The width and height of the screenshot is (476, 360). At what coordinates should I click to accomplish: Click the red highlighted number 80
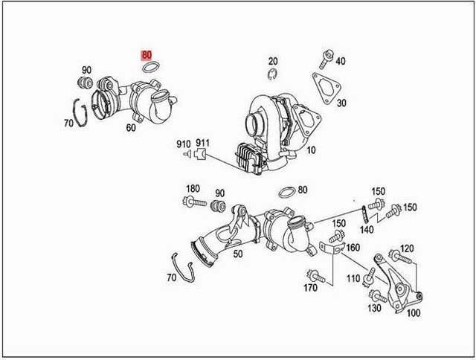coord(147,55)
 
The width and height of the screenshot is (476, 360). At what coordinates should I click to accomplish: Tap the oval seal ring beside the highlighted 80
coord(152,69)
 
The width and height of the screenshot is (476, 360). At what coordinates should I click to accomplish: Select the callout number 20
coord(273,61)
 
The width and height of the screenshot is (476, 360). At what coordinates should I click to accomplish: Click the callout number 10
coord(310,150)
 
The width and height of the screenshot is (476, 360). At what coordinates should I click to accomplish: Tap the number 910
coord(183,144)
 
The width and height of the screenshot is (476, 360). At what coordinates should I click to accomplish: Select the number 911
coord(203,144)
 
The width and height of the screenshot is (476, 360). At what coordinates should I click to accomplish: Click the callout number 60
coord(131,128)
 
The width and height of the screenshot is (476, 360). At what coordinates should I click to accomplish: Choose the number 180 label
coord(193,188)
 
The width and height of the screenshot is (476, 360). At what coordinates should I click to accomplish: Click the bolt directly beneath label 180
coord(193,202)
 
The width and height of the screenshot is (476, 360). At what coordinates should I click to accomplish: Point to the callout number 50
coord(238,254)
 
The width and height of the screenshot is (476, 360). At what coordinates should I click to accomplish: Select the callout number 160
coord(353,248)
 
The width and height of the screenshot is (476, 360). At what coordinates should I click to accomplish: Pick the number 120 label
coord(407,248)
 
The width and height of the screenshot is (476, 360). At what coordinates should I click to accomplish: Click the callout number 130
coord(374,308)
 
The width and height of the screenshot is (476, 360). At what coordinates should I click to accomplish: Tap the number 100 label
coord(412,313)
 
